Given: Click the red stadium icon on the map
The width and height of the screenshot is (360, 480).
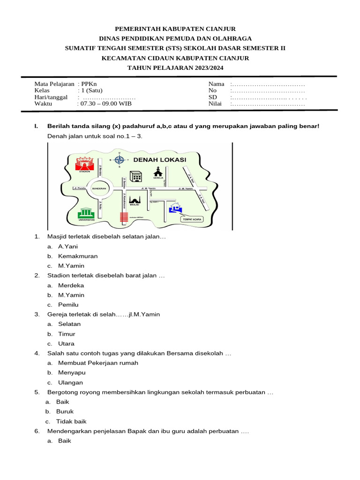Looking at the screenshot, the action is [85, 164].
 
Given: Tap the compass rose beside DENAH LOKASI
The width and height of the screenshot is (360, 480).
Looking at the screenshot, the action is [119, 159].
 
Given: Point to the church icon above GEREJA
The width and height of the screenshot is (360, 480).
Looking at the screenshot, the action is [158, 171].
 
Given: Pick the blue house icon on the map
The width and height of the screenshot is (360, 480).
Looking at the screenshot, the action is [176, 208].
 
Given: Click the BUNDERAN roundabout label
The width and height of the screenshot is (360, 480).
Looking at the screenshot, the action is [100, 188].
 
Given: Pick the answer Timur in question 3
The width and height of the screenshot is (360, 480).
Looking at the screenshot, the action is [67, 334].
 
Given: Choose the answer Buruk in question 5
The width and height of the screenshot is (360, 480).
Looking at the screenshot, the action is [65, 412].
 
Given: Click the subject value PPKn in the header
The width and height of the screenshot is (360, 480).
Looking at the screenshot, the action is [88, 84].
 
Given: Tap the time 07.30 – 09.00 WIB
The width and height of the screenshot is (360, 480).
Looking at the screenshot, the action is [106, 104].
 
